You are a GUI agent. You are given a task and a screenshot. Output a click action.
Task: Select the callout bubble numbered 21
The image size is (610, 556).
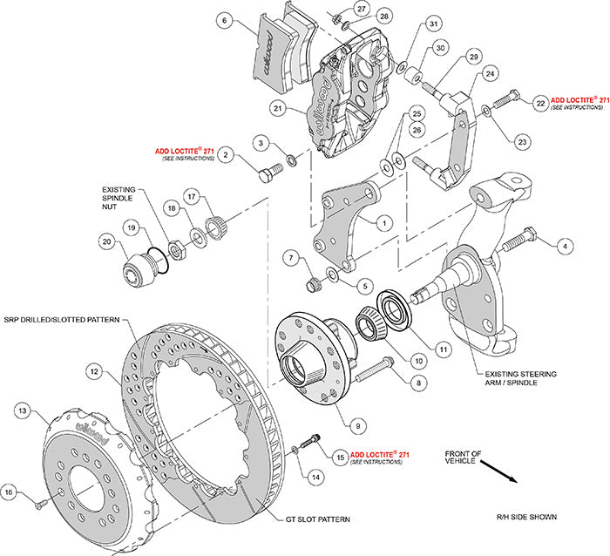tap(280, 109)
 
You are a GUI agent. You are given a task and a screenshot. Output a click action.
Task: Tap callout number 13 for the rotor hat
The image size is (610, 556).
tap(23, 410)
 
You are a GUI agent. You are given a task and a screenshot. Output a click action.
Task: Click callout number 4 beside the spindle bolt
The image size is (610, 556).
tap(564, 247)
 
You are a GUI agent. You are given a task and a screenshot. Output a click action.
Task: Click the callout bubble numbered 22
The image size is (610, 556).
tap(542, 102)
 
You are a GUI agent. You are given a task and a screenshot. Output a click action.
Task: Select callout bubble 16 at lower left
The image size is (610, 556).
tap(14, 492)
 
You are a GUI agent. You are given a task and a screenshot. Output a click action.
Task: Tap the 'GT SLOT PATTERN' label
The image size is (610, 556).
tap(319, 519)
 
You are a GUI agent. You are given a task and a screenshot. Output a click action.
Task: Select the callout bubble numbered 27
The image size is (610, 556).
tap(362, 8)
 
